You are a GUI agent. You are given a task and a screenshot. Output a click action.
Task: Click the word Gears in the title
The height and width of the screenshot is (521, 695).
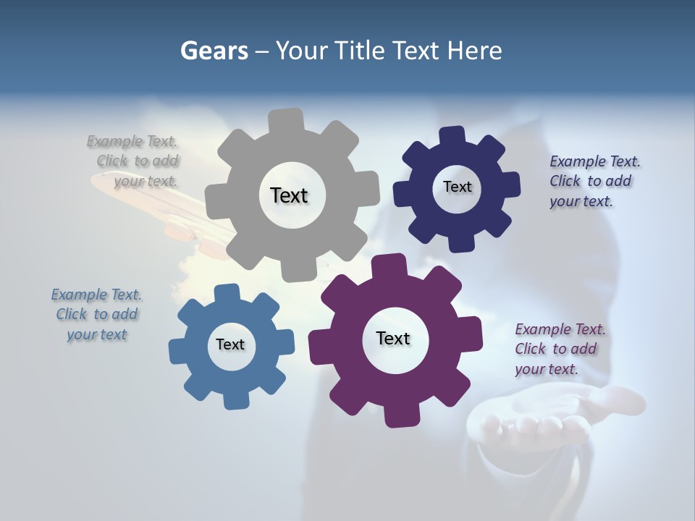214,51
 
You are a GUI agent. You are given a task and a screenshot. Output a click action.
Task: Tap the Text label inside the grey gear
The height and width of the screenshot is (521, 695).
289,195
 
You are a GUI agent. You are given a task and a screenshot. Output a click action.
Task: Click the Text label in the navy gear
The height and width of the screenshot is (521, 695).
457,187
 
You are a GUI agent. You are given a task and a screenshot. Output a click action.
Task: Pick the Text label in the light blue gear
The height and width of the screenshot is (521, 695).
230,344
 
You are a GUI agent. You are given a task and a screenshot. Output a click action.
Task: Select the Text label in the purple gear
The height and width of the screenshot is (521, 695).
393,338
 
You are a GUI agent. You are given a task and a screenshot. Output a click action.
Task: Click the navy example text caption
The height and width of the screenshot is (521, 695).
594,181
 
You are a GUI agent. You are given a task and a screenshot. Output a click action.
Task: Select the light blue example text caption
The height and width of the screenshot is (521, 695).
96,314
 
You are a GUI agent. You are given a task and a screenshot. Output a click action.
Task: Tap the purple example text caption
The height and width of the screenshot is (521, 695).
559,349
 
